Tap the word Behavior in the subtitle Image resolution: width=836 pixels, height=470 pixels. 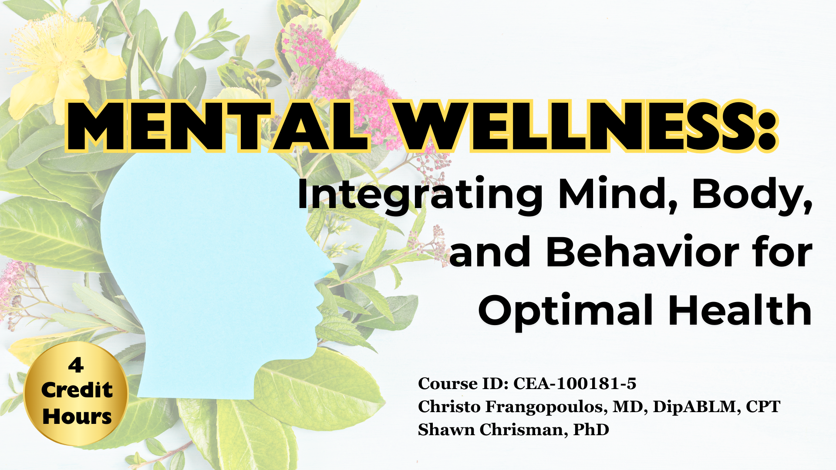point(642,252)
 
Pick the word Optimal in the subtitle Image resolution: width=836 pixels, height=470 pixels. point(566,311)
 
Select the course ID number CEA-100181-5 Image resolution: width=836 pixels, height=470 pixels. point(575,383)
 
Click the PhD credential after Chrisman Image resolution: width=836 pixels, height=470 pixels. point(591,430)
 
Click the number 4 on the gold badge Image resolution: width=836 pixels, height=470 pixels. point(76,365)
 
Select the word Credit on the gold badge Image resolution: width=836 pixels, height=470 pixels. point(77,390)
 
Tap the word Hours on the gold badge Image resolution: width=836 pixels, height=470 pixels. point(77,416)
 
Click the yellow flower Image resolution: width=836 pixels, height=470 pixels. point(61,65)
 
